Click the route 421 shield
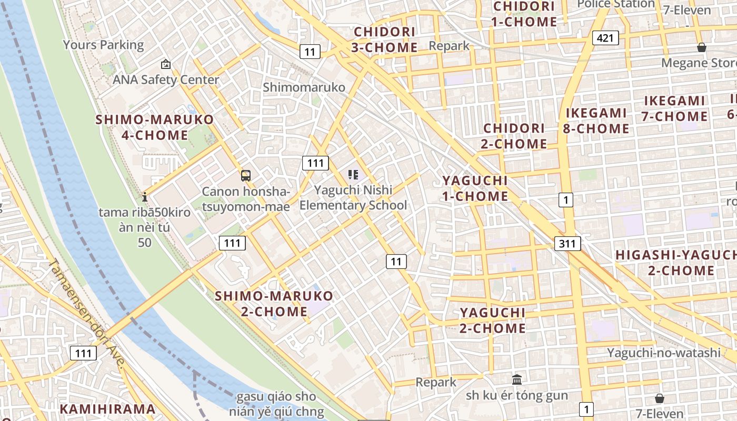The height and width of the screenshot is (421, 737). point(605,38)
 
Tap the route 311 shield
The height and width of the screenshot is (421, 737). point(567,243)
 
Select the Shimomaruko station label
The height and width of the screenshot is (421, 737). point(304,87)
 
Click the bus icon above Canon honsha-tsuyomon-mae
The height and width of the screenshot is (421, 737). point(246,176)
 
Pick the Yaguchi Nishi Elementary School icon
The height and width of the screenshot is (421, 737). point(353,174)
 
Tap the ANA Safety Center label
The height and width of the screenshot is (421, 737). point(166,80)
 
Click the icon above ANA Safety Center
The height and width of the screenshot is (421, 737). point(166,65)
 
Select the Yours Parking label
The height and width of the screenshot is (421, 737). point(103,45)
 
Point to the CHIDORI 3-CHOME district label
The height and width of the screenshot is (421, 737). point(385,39)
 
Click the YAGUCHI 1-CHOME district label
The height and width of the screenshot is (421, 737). point(475,188)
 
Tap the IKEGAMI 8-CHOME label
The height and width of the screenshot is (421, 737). point(596,121)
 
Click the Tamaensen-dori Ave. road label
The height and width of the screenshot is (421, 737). point(87,314)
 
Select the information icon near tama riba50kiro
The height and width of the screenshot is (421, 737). point(145,197)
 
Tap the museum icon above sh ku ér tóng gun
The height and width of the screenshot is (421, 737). point(517,379)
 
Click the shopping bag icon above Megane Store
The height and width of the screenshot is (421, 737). point(701,48)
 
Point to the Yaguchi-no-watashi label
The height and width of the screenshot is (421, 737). point(663,353)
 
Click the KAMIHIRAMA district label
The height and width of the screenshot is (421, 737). point(107,409)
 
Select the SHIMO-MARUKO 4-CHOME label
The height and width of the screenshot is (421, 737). point(154,127)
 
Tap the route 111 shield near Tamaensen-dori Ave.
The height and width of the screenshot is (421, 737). point(84,353)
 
